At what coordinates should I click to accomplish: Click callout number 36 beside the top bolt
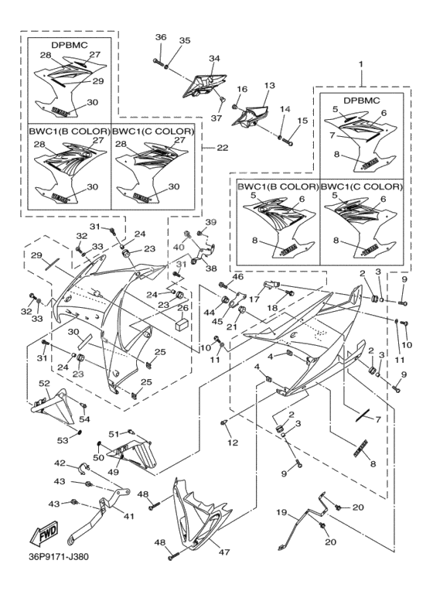[160, 38]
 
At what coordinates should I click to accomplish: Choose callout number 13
[269, 85]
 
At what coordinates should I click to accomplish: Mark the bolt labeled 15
[289, 142]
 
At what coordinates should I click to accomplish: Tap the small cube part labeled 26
[180, 326]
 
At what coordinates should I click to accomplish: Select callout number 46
[237, 277]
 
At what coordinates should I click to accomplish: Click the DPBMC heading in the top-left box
[69, 44]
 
